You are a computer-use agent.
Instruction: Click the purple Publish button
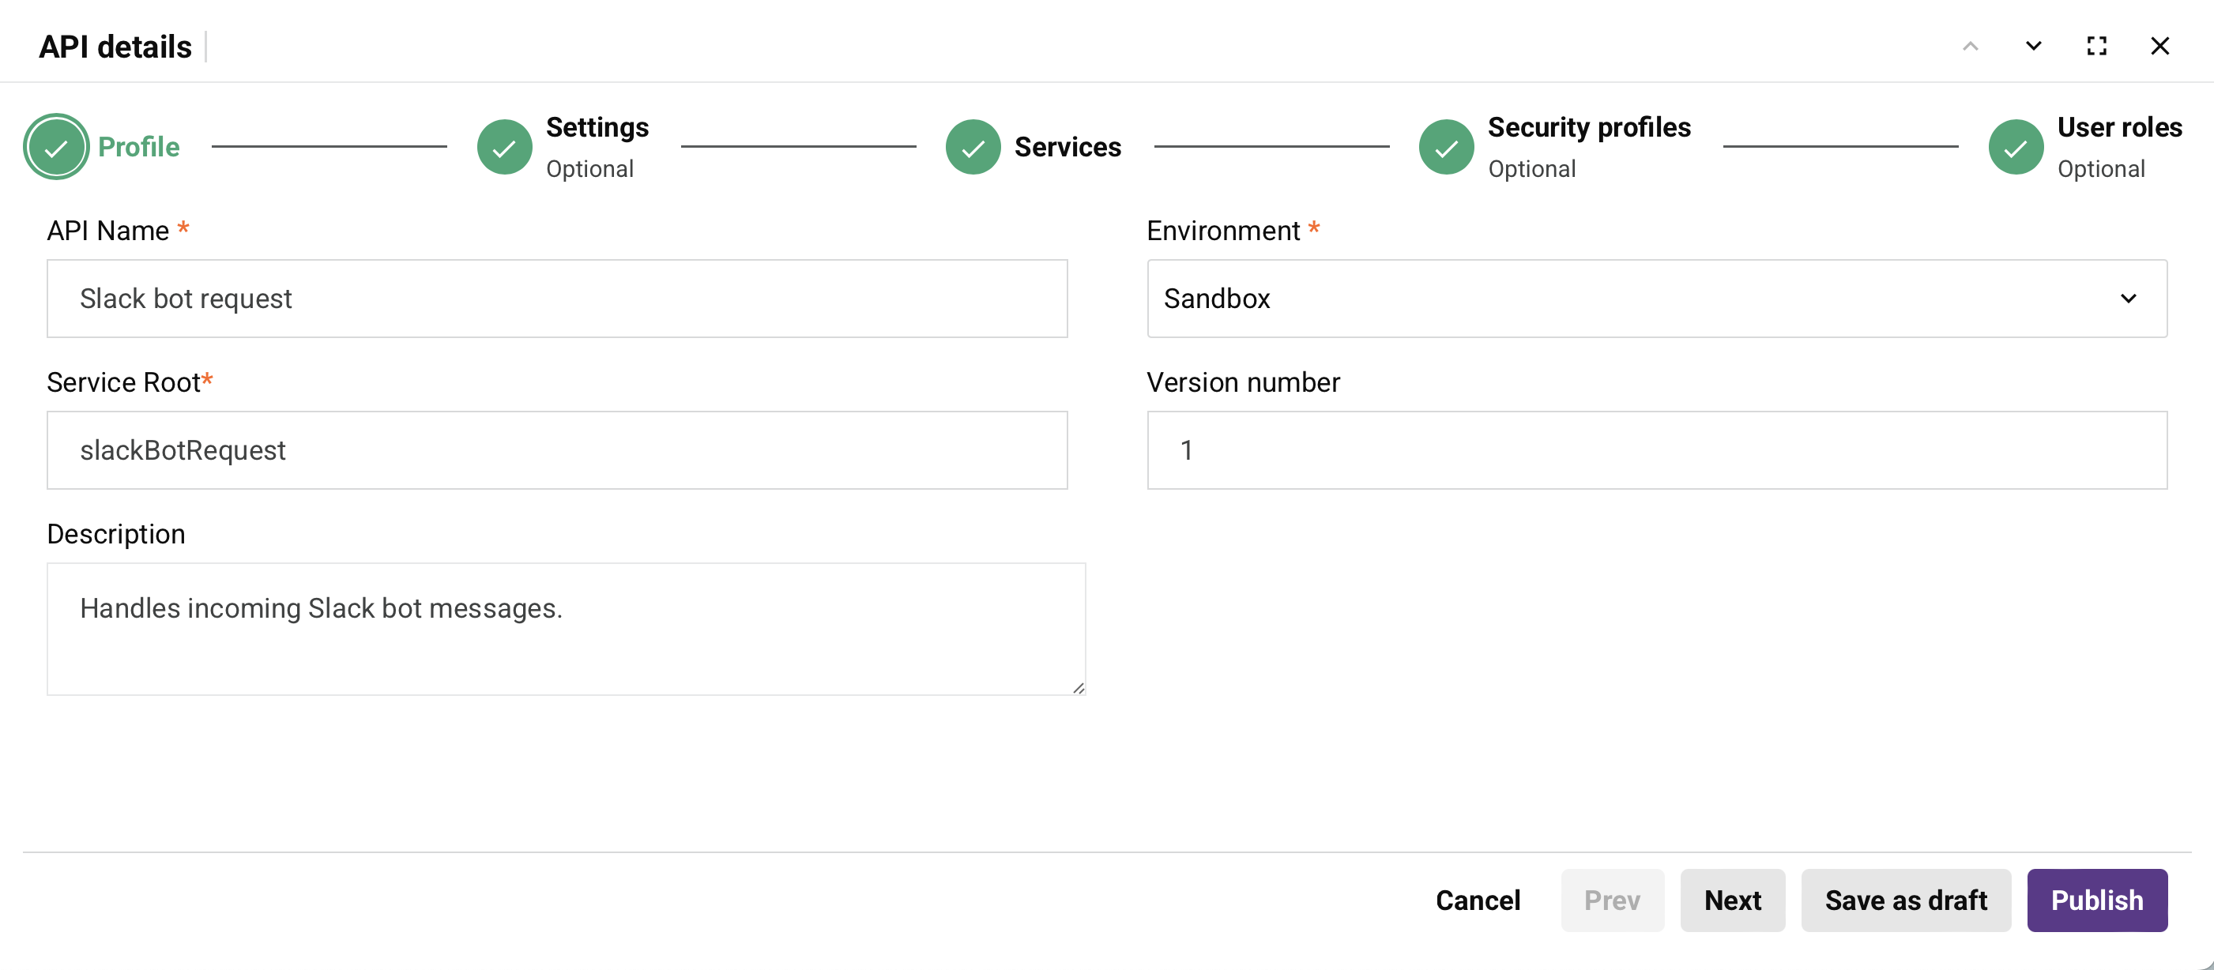click(2097, 900)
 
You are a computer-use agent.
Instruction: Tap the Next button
click(1733, 900)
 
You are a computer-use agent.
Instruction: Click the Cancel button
click(1478, 900)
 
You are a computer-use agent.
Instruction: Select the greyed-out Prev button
click(1613, 900)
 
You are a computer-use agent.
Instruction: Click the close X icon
click(2159, 46)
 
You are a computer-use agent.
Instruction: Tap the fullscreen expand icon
click(2097, 46)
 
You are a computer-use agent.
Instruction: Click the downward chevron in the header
click(2034, 46)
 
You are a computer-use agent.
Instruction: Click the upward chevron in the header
click(1971, 46)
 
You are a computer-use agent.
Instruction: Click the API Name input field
click(557, 298)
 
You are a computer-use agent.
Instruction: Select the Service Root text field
click(557, 449)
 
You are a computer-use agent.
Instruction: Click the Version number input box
click(1657, 449)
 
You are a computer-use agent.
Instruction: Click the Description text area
click(567, 628)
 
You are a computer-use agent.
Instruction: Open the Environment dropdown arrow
click(2128, 298)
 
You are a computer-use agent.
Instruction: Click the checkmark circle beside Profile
click(56, 147)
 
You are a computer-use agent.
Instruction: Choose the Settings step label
click(597, 127)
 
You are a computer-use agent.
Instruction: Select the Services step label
click(1067, 147)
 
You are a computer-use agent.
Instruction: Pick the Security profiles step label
click(1589, 127)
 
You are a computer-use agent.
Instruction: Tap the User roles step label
click(2119, 127)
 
